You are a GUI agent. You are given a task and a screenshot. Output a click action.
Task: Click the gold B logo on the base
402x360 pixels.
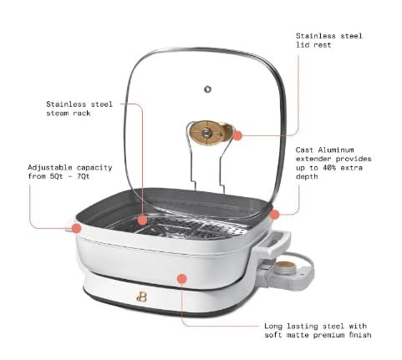(141, 297)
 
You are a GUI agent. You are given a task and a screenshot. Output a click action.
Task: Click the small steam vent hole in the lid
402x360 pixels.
(207, 89)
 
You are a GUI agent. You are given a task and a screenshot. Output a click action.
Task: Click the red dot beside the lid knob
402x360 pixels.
(237, 135)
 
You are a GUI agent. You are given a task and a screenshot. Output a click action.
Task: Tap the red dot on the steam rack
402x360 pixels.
(142, 220)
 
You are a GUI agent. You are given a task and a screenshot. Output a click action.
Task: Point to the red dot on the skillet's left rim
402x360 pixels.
(76, 228)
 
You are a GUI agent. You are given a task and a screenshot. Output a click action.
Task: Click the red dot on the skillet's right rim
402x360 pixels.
(274, 215)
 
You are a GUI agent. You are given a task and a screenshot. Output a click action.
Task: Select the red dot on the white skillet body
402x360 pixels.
(182, 278)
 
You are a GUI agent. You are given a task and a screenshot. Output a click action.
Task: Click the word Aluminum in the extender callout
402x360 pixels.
(336, 150)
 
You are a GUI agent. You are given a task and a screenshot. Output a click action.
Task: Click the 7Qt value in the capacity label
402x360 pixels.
(83, 176)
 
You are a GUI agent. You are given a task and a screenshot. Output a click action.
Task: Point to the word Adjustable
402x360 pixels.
(50, 168)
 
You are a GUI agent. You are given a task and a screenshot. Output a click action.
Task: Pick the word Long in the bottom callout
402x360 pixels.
(273, 327)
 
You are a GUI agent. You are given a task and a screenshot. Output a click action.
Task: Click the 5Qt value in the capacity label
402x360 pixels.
(57, 176)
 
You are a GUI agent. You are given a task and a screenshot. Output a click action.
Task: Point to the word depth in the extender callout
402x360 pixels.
(307, 177)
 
